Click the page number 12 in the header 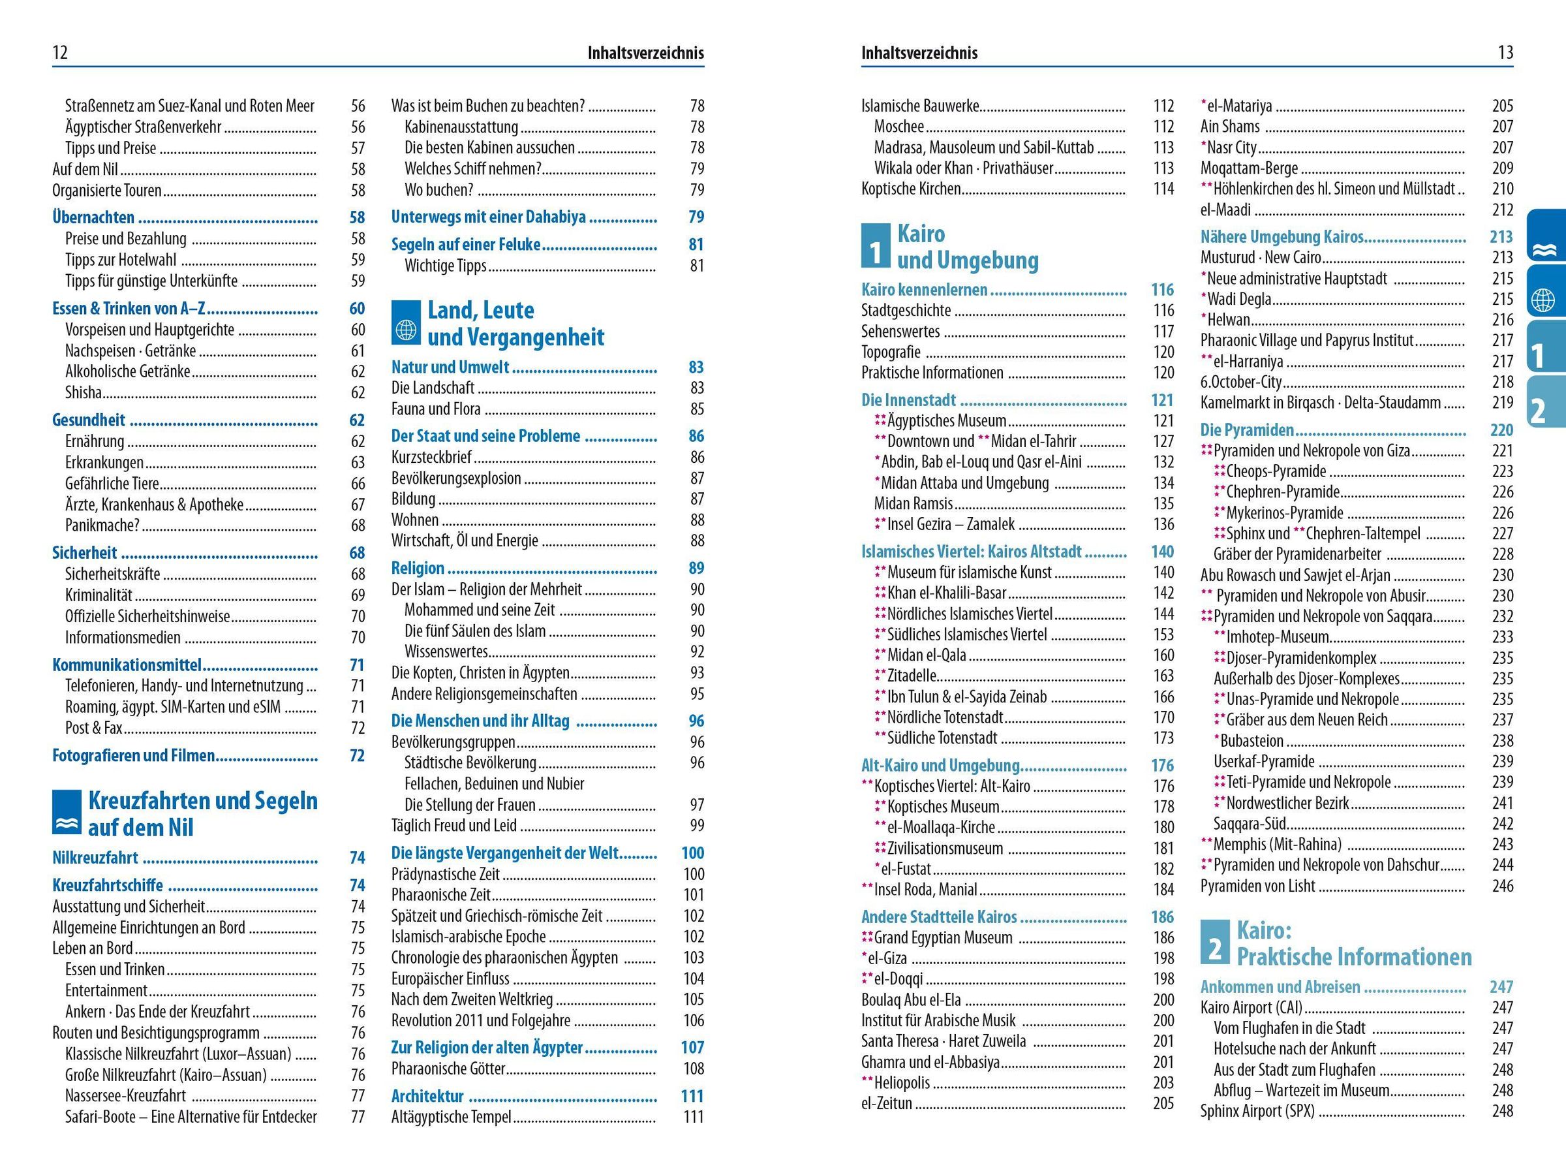point(60,53)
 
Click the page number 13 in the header point(1505,53)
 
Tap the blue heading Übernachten point(93,217)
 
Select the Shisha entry point(84,392)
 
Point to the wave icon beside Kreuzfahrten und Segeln point(67,814)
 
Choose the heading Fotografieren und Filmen point(134,756)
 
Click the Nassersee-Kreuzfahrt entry point(125,1095)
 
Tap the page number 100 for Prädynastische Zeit point(693,874)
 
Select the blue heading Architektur point(427,1097)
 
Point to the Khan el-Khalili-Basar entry point(947,593)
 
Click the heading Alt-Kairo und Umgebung point(940,766)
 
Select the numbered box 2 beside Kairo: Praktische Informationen point(1215,943)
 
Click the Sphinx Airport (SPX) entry point(1257,1110)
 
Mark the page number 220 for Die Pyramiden point(1501,430)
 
